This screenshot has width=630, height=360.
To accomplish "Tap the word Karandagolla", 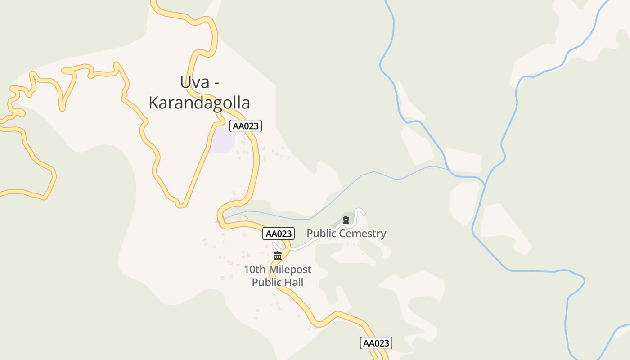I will click(x=199, y=103).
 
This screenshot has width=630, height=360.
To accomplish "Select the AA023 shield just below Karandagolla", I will click(x=245, y=126).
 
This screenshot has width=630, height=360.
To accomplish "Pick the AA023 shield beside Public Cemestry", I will click(x=279, y=234).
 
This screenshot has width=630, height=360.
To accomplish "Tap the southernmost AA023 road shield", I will click(x=376, y=343).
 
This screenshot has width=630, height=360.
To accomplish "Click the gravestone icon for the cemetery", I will click(x=346, y=220).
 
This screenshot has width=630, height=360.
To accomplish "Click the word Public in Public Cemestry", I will click(x=321, y=234).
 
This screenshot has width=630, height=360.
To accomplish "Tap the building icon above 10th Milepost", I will click(x=278, y=256).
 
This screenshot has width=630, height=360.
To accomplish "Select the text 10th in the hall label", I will click(x=254, y=270).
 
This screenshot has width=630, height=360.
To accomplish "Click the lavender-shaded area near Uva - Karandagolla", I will click(x=222, y=139).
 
